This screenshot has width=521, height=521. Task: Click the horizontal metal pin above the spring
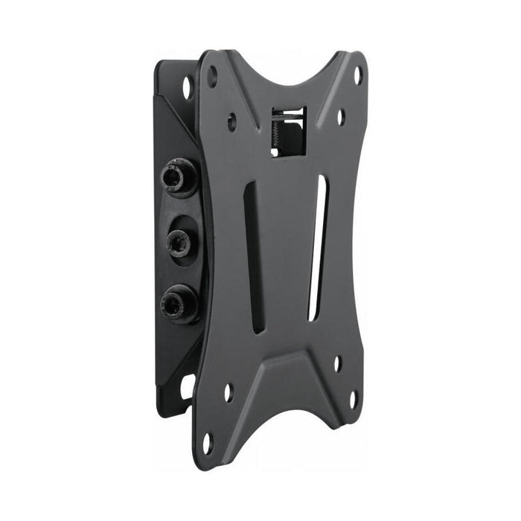tap(289, 112)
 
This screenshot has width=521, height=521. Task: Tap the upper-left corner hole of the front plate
tap(213, 74)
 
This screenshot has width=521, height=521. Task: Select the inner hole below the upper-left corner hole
tap(232, 119)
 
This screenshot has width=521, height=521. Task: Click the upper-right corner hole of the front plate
tap(357, 75)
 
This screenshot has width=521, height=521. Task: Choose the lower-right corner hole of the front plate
tap(354, 400)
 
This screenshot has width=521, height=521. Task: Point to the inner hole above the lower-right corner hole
tap(336, 364)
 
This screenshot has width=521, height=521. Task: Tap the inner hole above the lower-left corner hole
tap(228, 392)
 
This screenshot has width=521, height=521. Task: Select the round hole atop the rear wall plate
tap(186, 86)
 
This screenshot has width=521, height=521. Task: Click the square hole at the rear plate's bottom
tap(185, 386)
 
